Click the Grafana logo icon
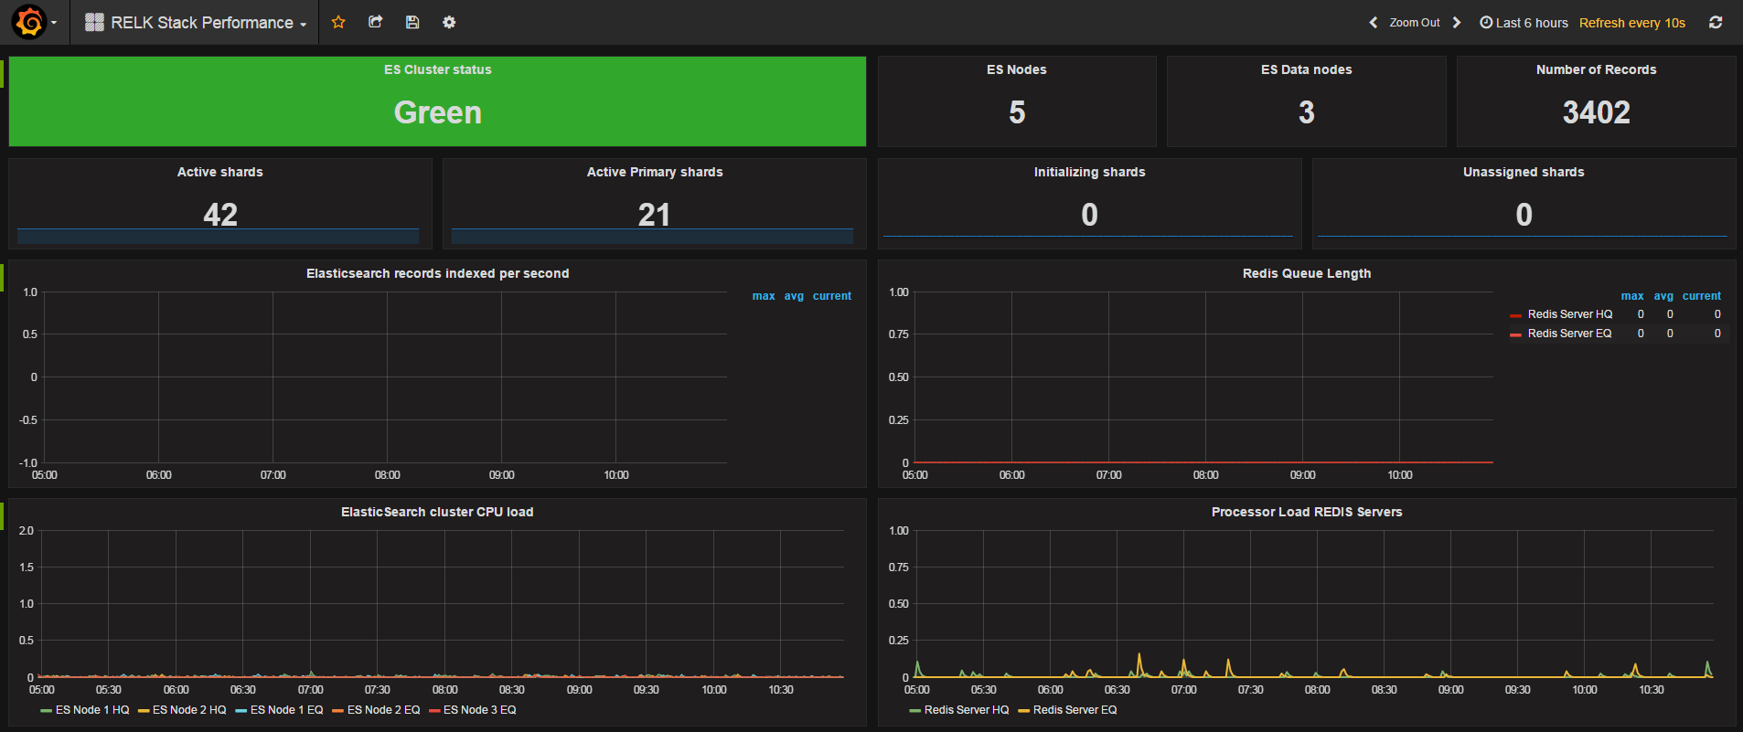[29, 22]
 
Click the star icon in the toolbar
[338, 22]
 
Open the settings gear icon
[449, 22]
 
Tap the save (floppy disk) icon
[412, 22]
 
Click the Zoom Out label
[1414, 23]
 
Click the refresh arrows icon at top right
[1716, 23]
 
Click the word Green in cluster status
[437, 112]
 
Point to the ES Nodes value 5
[1017, 112]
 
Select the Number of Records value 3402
[1596, 112]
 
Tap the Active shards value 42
[220, 215]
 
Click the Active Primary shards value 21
[655, 215]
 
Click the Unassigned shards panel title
[1524, 172]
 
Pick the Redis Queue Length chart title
[1307, 273]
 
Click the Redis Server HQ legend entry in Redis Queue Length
[1569, 314]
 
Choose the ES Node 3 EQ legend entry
[479, 710]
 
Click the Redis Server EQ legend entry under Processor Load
[1075, 710]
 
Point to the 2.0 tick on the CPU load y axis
[27, 531]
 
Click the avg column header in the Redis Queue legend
[1663, 296]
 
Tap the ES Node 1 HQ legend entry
[91, 710]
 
